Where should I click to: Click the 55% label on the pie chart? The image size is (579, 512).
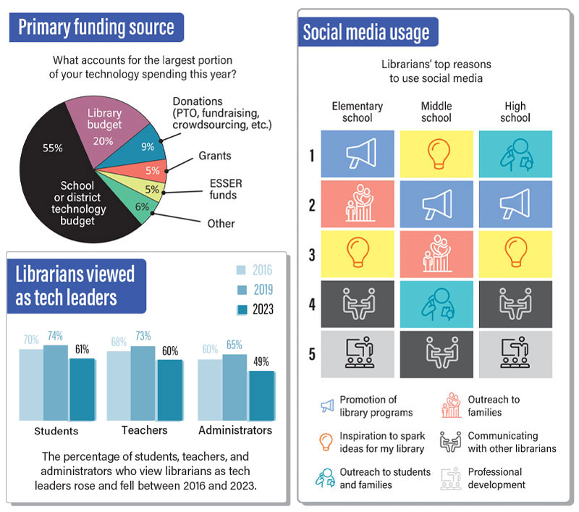tap(53, 147)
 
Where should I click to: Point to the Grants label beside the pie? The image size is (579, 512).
tap(216, 156)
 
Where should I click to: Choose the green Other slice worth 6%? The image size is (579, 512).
tap(143, 206)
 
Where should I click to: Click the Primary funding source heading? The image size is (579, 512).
tap(96, 28)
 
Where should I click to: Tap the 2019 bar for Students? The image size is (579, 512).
tap(55, 382)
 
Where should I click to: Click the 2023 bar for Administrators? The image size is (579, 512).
tap(261, 395)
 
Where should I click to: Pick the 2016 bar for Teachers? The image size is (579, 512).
tap(119, 385)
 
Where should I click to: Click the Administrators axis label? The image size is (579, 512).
tap(235, 430)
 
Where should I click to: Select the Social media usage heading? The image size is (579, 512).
tap(365, 33)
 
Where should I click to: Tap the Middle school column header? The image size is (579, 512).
tap(436, 112)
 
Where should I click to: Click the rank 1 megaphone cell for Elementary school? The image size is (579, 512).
tap(358, 154)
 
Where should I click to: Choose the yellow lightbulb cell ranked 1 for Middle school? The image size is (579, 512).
tap(436, 154)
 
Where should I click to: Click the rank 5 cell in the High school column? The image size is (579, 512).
tap(515, 354)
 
